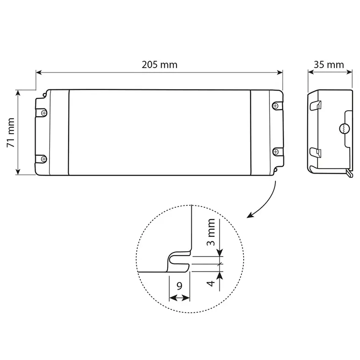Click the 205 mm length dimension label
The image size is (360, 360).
click(x=160, y=65)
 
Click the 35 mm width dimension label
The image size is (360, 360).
click(x=329, y=65)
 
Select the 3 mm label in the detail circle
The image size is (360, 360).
click(x=211, y=232)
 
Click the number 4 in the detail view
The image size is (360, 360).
click(x=211, y=283)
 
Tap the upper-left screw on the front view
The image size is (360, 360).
click(x=44, y=112)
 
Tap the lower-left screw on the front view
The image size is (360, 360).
click(x=44, y=157)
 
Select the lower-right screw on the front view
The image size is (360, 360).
click(x=275, y=151)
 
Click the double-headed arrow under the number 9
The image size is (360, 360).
click(x=179, y=297)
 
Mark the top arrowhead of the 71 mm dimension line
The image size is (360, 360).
click(x=18, y=93)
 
